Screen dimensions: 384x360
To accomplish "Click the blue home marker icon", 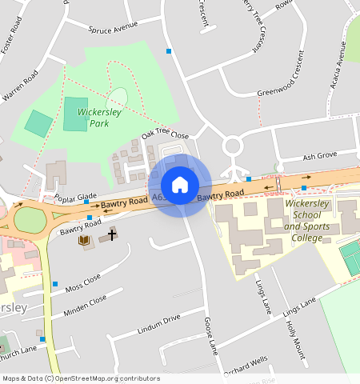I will pos(180,185).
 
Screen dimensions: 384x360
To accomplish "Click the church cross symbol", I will pos(112,234).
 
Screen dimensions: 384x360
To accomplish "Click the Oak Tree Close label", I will pos(165,135).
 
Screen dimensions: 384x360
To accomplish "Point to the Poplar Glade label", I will pos(75,197).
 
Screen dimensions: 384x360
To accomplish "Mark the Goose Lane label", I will pos(210,335).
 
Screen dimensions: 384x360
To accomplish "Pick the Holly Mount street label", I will pos(294,339).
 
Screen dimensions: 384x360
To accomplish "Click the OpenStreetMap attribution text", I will pos(80,378).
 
